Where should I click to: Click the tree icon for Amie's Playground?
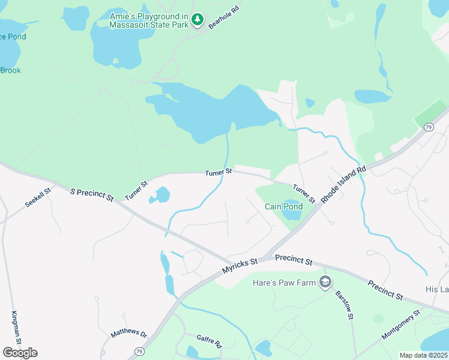click(197, 20)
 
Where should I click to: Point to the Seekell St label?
click(39, 197)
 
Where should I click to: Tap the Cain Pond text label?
click(284, 206)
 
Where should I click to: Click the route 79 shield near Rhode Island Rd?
click(429, 127)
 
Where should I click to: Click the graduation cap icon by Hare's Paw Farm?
click(325, 282)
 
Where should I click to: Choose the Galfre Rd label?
click(210, 343)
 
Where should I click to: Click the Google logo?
click(20, 352)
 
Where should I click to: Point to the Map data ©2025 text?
click(423, 355)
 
